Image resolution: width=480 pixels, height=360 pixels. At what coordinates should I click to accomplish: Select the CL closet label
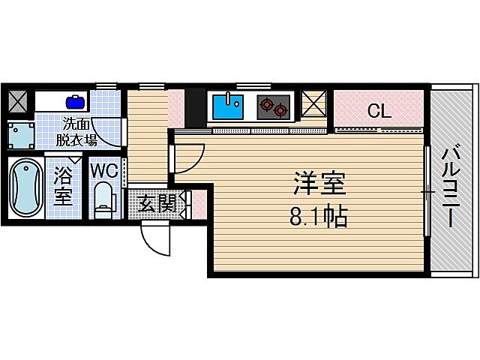coord(379,112)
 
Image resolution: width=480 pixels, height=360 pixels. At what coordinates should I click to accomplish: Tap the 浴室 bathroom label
coord(62,188)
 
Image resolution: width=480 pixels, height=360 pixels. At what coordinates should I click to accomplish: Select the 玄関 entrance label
coord(157,202)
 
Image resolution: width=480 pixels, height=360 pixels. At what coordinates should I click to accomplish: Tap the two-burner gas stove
coord(272,107)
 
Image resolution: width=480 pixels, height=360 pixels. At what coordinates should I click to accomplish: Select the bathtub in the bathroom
coord(24,187)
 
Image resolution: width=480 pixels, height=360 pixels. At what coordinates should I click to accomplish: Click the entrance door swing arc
coord(156,239)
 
